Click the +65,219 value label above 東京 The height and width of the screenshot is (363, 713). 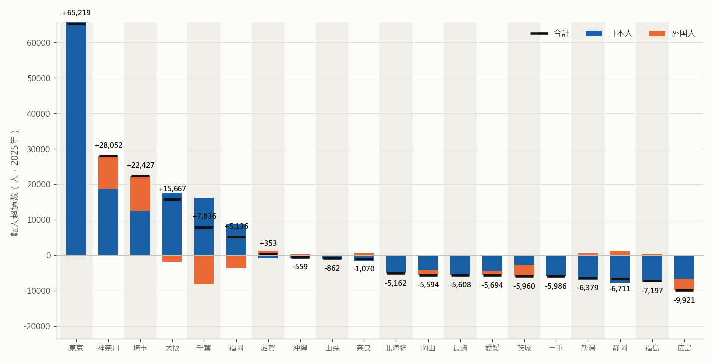point(77,13)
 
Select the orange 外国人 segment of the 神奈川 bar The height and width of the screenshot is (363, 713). point(108,172)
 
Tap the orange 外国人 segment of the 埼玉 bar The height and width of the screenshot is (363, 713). point(140,193)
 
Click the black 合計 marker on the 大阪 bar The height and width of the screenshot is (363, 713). point(172,199)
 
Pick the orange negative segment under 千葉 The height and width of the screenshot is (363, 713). point(204,270)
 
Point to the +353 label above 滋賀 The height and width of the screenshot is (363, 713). point(268,244)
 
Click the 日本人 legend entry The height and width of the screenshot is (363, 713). point(609,33)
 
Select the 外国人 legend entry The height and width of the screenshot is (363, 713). point(672,33)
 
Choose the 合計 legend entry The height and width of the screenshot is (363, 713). point(550,33)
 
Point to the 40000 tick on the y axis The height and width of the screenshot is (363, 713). point(39,114)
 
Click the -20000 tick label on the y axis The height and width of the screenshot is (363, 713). point(37,327)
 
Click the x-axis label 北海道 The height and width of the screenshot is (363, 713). point(396,348)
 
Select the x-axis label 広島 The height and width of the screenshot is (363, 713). point(685,348)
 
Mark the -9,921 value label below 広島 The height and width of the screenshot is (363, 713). point(684,300)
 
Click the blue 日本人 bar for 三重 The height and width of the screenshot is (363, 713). point(556,266)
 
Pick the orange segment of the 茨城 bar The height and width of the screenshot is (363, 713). point(524,270)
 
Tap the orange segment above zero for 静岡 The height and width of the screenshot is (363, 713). point(620,253)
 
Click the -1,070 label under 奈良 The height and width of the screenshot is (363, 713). point(364,269)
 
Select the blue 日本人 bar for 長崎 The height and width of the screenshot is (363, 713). point(460,265)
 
